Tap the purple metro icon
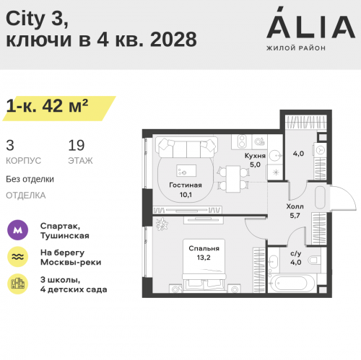coord(17,230)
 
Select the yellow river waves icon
coord(17,257)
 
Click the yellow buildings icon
coord(17,284)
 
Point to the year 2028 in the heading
coord(173,40)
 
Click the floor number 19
coord(77,145)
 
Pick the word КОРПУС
coord(23,161)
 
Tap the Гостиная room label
coord(186,185)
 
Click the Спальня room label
coord(204,248)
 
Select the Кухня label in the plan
coord(255,156)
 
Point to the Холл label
coord(295,206)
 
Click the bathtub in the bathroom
coord(292,283)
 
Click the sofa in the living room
coord(186,147)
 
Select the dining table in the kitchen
coord(233,179)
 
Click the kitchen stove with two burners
coord(242,141)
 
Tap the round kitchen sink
coord(274,155)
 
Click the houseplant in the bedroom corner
coord(162,224)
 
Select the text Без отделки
coord(30,179)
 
